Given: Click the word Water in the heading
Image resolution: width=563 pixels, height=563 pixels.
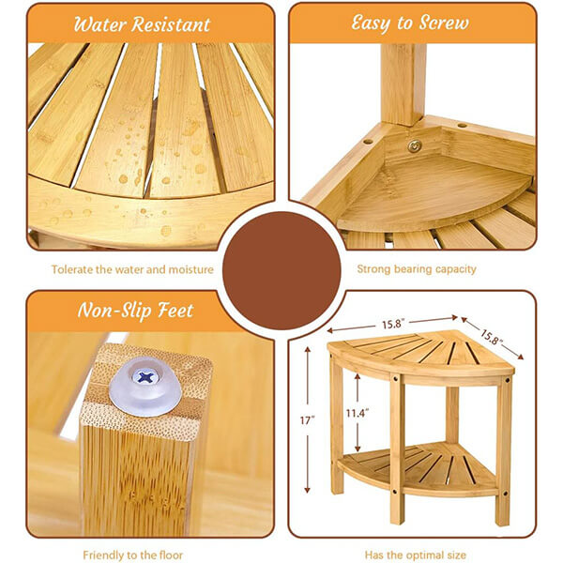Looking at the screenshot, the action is tap(99, 24).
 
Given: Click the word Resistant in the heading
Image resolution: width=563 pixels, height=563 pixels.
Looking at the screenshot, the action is tap(171, 24).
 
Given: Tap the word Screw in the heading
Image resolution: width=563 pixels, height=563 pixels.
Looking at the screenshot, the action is tap(444, 23).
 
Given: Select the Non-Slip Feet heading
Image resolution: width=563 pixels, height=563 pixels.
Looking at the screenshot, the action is tap(136, 311).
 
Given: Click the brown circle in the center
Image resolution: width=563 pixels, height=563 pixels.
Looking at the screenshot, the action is tap(281, 271).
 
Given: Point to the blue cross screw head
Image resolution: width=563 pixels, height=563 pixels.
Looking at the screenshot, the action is tap(145, 377).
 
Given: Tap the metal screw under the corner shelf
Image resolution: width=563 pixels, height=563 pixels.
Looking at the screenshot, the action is tap(415, 145).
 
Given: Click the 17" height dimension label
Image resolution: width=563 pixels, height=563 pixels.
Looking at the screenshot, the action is tap(308, 420).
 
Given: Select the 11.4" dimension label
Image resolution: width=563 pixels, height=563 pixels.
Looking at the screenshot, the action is tap(358, 413).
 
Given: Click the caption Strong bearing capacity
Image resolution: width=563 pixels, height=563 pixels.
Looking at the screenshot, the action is tap(417, 269).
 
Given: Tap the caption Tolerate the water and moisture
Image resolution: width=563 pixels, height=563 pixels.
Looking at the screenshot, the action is tap(132, 269).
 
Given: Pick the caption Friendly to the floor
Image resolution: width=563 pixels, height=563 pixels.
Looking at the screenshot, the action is tap(133, 555).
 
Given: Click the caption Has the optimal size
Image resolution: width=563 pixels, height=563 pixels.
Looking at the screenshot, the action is tap(416, 555).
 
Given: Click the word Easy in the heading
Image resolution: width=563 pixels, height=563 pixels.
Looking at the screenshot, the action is tap(372, 23).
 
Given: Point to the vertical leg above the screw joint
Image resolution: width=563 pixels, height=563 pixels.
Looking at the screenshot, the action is tap(403, 84).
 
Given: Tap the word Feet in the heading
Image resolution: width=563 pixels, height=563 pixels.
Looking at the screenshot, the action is tap(176, 311).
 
